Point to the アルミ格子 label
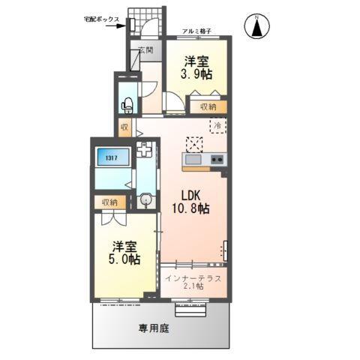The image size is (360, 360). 196,31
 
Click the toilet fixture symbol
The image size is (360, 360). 127,103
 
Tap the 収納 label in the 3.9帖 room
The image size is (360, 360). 211,106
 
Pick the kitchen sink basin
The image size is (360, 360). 193,160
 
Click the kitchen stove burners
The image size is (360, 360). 217,160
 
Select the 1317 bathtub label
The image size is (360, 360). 111,158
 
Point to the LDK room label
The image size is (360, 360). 192,191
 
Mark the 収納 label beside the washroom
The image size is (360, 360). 109,202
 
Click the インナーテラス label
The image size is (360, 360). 193,278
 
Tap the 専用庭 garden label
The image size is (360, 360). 152,328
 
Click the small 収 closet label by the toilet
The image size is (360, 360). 125,128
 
